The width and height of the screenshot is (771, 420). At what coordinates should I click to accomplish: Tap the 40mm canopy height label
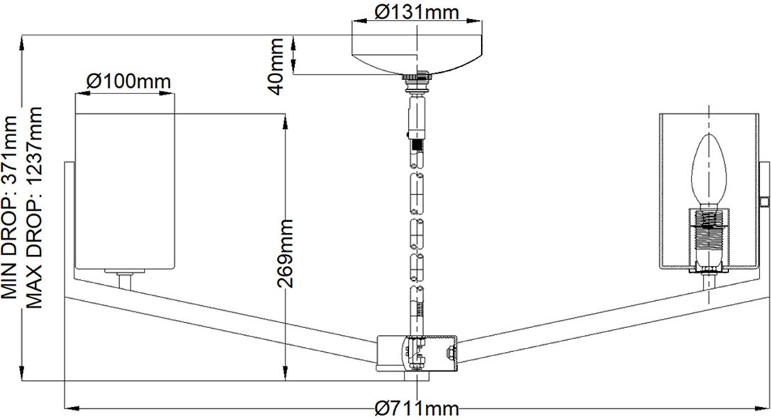(276, 67)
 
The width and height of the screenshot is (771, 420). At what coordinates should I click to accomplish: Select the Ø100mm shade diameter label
(129, 81)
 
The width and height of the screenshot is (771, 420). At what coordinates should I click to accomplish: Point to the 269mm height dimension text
(285, 254)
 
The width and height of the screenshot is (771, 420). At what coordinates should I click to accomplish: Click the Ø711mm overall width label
(417, 408)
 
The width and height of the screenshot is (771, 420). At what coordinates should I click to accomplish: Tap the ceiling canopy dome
(417, 54)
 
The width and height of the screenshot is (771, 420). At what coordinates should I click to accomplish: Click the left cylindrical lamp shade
(125, 192)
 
